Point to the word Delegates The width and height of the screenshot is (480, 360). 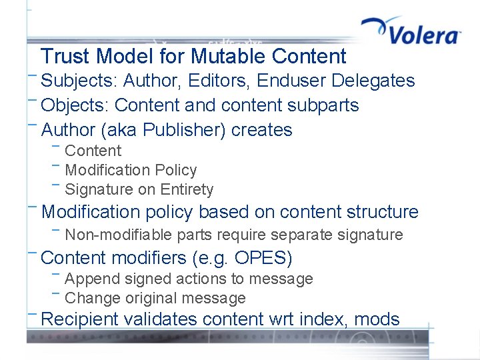tap(373, 81)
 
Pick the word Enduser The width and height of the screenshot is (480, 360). tap(291, 81)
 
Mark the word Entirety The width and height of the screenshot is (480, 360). tap(187, 189)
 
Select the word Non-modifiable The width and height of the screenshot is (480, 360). tap(121, 235)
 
